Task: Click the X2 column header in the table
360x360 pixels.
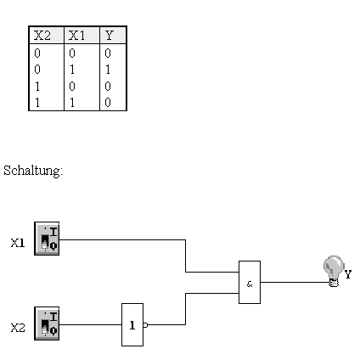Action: [42, 36]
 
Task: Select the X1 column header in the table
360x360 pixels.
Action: [76, 36]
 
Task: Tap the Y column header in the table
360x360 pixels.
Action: [110, 36]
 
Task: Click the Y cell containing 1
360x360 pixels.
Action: [108, 70]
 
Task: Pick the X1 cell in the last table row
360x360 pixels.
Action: [72, 103]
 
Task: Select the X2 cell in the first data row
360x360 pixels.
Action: [37, 53]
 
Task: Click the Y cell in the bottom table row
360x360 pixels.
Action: [108, 103]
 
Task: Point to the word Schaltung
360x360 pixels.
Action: [33, 171]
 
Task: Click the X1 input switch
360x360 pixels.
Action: [47, 239]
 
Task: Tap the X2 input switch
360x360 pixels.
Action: [47, 323]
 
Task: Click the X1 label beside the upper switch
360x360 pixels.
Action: [18, 243]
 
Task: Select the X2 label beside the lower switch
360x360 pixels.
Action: [18, 328]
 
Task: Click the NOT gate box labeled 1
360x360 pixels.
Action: [132, 324]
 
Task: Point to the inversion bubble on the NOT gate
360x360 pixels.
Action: [145, 325]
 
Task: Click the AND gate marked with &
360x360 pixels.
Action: [250, 282]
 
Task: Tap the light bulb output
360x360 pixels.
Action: [334, 271]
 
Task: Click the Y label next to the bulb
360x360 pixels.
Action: [348, 274]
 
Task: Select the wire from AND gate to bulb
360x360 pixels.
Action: [295, 282]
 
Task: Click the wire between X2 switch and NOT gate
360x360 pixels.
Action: [90, 324]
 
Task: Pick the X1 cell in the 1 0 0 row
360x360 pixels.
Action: [72, 86]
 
